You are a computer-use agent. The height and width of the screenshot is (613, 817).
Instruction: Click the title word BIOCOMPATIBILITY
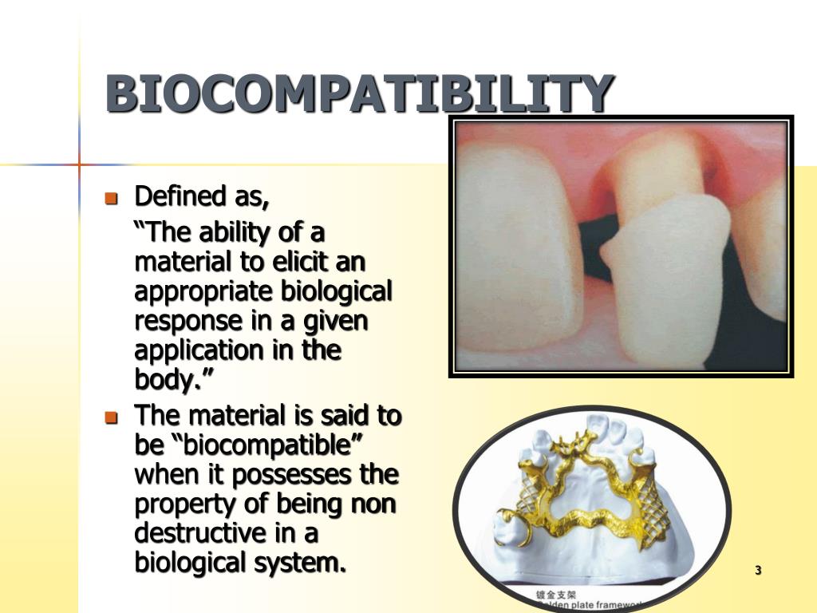361,94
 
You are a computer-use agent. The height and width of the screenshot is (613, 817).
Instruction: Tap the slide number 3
758,570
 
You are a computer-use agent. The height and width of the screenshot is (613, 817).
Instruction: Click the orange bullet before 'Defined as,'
112,197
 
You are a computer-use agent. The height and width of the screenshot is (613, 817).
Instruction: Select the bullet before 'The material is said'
112,417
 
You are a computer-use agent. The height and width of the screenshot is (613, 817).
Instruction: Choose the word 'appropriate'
204,292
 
